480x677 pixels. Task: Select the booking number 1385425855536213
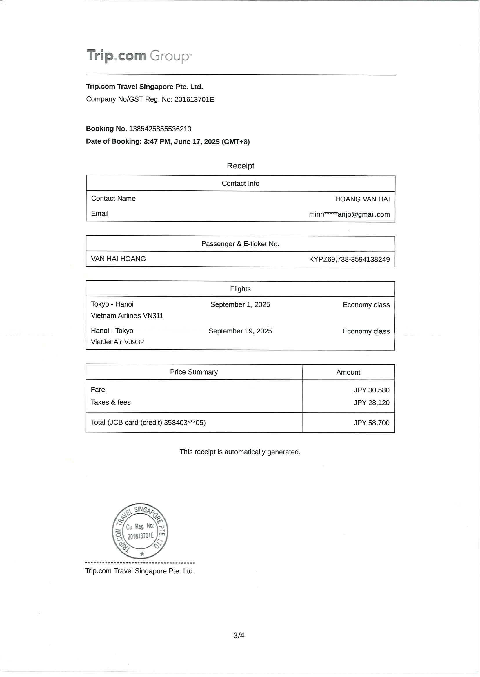click(160, 129)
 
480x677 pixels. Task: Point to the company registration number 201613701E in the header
click(194, 100)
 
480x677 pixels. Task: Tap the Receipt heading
click(240, 166)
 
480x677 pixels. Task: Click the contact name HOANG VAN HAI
click(362, 199)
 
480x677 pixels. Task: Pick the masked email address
click(349, 214)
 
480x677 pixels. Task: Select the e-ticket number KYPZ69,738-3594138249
click(349, 259)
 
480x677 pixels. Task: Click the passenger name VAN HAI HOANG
click(118, 259)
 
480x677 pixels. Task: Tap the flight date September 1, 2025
click(240, 304)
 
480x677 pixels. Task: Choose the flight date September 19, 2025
click(240, 331)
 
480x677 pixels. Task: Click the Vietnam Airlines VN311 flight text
click(127, 316)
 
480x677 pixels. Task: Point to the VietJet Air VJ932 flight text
click(117, 342)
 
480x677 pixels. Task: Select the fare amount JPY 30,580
click(371, 390)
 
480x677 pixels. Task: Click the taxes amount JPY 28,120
click(371, 403)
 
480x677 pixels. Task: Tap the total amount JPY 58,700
click(371, 423)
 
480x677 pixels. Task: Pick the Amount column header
click(348, 373)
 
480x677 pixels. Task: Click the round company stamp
click(140, 531)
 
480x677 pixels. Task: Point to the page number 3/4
click(239, 635)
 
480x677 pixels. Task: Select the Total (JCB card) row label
click(148, 423)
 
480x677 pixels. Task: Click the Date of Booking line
click(168, 142)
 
